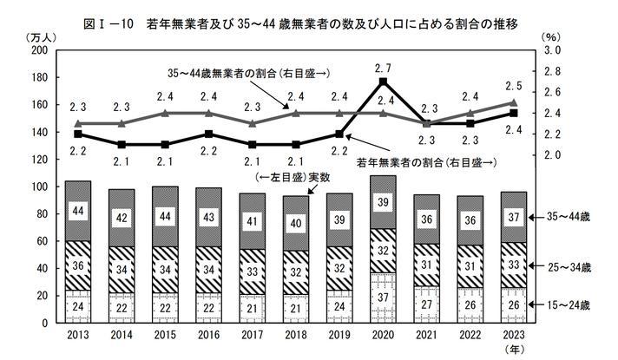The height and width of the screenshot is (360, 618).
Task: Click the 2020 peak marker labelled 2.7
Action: (383, 82)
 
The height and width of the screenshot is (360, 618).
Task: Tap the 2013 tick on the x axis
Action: (78, 334)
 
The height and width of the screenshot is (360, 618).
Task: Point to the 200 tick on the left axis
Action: (37, 51)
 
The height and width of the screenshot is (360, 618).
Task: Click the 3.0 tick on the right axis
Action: (552, 51)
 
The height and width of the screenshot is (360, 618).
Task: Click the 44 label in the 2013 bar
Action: (78, 212)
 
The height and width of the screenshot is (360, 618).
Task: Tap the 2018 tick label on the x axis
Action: (296, 334)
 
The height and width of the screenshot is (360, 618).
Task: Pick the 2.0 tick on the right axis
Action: (552, 154)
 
